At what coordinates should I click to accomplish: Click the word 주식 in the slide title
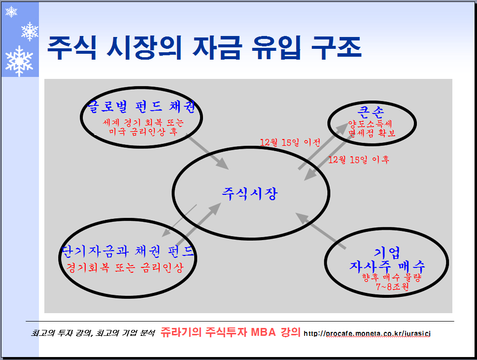72,47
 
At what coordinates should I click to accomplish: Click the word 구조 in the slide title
337,47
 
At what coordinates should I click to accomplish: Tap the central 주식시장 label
249,194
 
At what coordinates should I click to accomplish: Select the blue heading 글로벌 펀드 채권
141,107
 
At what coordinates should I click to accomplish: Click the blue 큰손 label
371,112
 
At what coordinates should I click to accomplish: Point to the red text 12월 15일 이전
290,142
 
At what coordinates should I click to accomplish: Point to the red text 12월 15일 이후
359,160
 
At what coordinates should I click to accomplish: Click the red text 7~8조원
392,287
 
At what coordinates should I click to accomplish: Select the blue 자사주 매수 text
387,267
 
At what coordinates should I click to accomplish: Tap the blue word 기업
387,252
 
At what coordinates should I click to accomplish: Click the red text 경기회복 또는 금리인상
125,268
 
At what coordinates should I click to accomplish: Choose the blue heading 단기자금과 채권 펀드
127,252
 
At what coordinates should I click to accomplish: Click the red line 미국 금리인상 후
143,132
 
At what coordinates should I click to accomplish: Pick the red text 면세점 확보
372,133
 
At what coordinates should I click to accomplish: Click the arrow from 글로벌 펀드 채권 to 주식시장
207,152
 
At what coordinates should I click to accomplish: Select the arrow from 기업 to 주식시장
320,231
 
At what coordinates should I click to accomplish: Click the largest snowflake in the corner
19,61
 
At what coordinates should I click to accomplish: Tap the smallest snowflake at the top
11,12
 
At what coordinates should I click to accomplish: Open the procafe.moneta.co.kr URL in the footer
367,333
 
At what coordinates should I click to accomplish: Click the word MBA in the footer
264,332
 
